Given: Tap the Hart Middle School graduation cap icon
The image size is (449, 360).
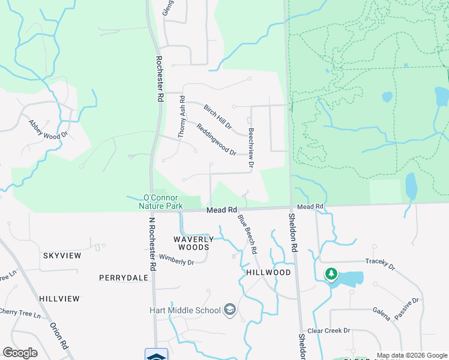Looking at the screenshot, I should pyautogui.click(x=229, y=310).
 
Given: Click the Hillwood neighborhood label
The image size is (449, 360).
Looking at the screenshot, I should pyautogui.click(x=268, y=272).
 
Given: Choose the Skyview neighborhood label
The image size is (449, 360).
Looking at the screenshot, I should pyautogui.click(x=62, y=256).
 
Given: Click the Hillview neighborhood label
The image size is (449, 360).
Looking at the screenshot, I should pyautogui.click(x=59, y=298).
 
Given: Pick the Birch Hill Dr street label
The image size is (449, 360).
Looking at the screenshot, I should pyautogui.click(x=217, y=116).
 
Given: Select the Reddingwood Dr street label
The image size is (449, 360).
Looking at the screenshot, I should pyautogui.click(x=215, y=139).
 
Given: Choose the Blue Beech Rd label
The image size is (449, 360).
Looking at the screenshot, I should pyautogui.click(x=247, y=233).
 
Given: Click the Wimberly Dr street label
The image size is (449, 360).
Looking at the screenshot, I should pyautogui.click(x=176, y=262).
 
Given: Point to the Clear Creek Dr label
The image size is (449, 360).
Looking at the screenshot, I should pyautogui.click(x=328, y=331).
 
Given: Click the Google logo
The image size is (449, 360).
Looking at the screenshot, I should pyautogui.click(x=20, y=353).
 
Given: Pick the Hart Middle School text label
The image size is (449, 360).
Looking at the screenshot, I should pyautogui.click(x=185, y=310).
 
